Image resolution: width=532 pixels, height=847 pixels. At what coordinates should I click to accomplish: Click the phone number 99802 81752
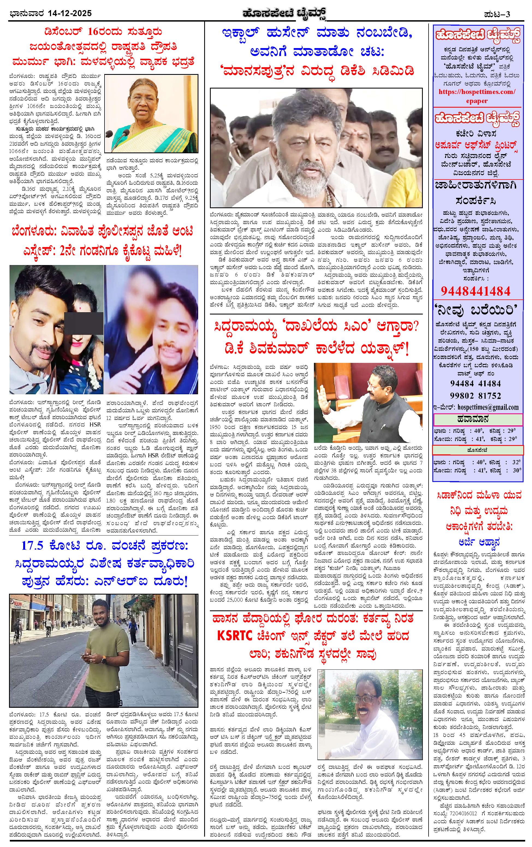point(475,396)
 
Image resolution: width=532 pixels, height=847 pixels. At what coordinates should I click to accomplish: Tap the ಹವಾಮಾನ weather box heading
point(477,419)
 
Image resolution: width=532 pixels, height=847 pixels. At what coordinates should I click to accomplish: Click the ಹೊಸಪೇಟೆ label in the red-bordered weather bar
point(477,450)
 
